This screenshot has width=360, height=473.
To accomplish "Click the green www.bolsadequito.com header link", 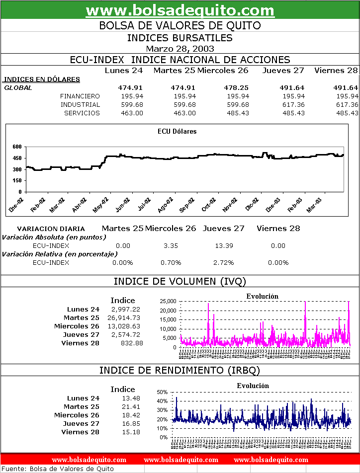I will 180,10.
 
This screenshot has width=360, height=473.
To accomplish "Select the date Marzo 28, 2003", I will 180,49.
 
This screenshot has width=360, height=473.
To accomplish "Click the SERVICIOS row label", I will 82,113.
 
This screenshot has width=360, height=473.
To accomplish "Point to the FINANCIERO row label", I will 80,96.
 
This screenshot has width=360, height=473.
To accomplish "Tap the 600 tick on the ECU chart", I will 17,147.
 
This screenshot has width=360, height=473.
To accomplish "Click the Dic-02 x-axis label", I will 252,206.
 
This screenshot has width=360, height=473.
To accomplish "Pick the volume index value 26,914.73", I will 124,318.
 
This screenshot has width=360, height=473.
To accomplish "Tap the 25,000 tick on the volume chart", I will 168,302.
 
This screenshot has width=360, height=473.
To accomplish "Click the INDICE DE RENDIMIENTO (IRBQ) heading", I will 180,370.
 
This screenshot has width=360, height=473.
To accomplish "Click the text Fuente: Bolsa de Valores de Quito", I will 58,469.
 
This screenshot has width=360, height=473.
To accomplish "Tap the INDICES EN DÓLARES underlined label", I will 42,79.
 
